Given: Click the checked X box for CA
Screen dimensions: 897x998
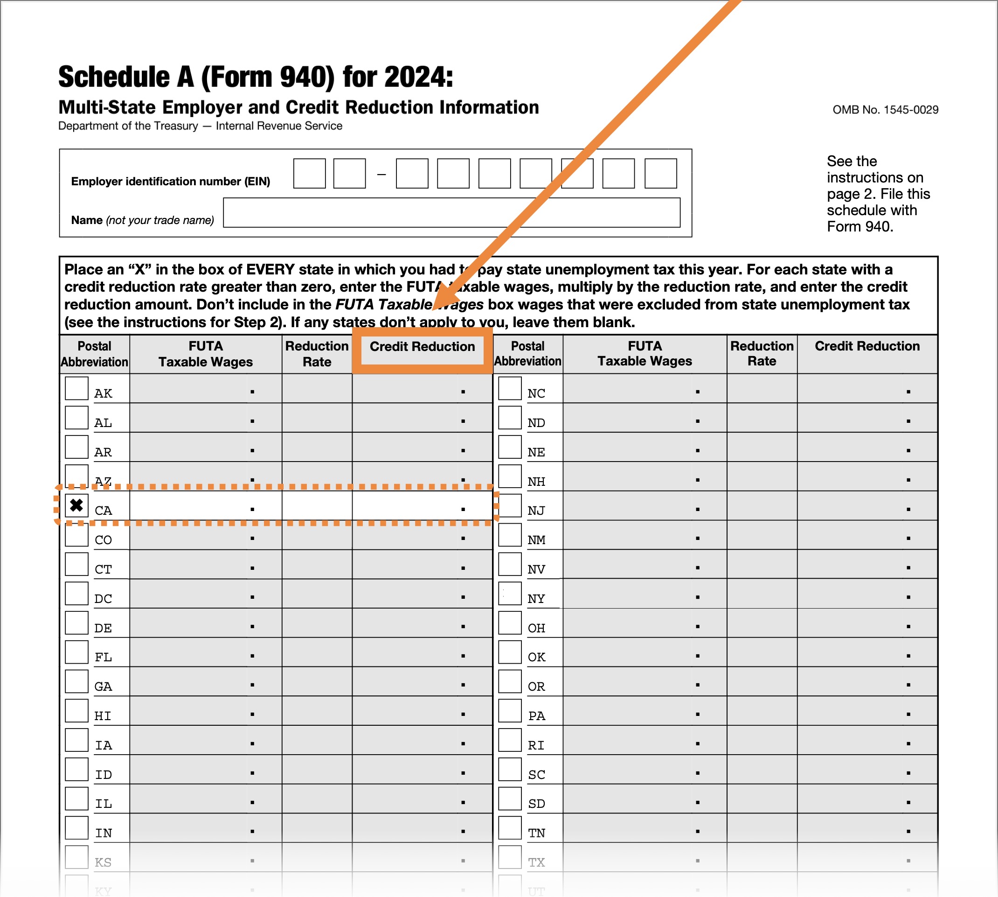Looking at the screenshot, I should pyautogui.click(x=76, y=505).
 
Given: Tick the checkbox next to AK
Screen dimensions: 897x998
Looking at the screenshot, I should pyautogui.click(x=76, y=388).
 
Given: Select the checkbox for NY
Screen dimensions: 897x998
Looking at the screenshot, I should pyautogui.click(x=510, y=593).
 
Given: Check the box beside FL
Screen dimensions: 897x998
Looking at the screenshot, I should pyautogui.click(x=76, y=652).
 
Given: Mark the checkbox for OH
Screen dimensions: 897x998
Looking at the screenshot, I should pyautogui.click(x=510, y=623).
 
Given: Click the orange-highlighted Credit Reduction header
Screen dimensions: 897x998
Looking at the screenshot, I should pyautogui.click(x=422, y=347).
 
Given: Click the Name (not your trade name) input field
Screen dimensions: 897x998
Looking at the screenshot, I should pyautogui.click(x=451, y=213).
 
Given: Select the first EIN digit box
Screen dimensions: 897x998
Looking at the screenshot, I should pyautogui.click(x=309, y=174).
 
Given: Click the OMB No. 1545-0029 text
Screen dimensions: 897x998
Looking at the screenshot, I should pyautogui.click(x=885, y=110).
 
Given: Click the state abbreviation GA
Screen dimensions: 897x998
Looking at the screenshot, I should pyautogui.click(x=103, y=687).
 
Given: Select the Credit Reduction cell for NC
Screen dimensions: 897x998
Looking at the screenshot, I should pyautogui.click(x=867, y=389).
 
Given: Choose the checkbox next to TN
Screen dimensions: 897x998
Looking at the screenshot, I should pyautogui.click(x=510, y=828).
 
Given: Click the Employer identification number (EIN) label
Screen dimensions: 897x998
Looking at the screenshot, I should pyautogui.click(x=170, y=182).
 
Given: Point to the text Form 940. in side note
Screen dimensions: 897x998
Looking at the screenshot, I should pyautogui.click(x=859, y=227).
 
